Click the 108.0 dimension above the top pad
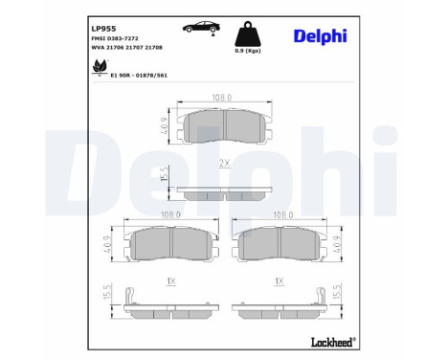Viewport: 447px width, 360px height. [223, 97]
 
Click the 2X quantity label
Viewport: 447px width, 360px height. [224, 163]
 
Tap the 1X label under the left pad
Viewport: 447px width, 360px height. [169, 282]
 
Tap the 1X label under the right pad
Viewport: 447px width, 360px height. [278, 282]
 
